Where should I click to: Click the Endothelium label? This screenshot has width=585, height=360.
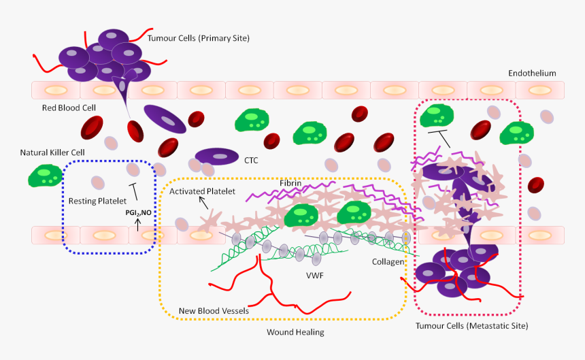(x=532, y=73)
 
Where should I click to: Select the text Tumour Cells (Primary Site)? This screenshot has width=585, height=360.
(x=199, y=38)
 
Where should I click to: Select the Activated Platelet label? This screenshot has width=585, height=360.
(x=202, y=191)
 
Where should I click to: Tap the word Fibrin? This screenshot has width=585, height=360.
(x=290, y=183)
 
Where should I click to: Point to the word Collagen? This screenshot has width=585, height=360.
(x=388, y=261)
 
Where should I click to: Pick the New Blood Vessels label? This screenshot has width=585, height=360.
(x=214, y=311)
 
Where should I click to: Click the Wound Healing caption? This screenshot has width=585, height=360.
(x=295, y=332)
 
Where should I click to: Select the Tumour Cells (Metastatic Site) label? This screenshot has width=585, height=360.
(x=471, y=326)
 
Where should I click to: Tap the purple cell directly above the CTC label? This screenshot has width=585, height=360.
(x=217, y=157)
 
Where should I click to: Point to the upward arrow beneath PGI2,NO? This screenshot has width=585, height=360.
(x=138, y=227)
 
